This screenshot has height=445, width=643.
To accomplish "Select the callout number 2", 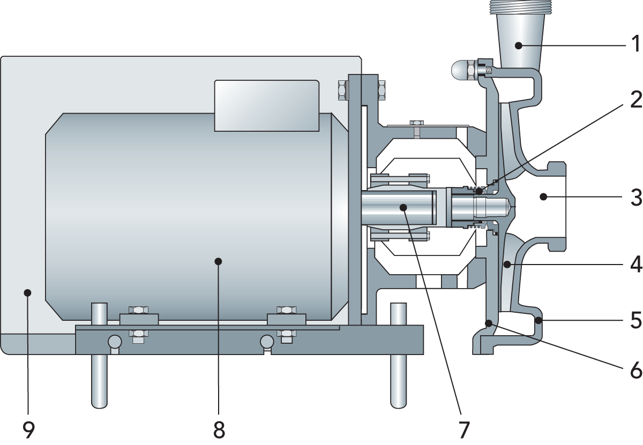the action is coord(636,100).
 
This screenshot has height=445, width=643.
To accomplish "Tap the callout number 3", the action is coord(636,198).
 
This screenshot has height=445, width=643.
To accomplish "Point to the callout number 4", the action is coord(636,264).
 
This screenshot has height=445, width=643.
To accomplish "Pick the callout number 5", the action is coord(636,320).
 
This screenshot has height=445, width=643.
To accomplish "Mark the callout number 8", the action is coord(219,430).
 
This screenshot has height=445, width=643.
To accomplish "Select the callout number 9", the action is coord(28,430).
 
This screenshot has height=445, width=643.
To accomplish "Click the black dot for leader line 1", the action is coord(519,46).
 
